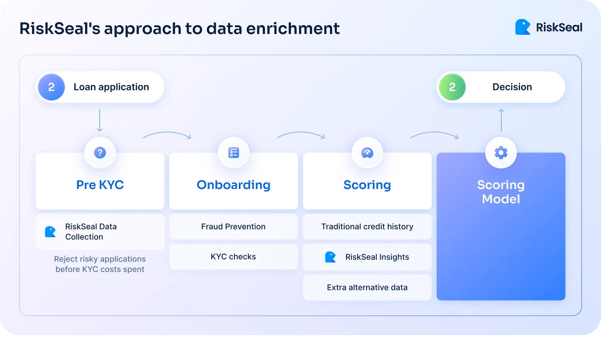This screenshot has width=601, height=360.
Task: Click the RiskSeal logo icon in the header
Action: [522, 27]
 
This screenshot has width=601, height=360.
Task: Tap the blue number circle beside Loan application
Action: [51, 87]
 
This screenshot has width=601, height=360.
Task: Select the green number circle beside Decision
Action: [452, 87]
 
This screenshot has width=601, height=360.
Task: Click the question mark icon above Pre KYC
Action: [100, 153]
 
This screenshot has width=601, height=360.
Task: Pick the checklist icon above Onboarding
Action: [234, 153]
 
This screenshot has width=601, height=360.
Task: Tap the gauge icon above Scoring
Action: [367, 153]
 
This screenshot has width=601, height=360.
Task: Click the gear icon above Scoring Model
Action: [501, 153]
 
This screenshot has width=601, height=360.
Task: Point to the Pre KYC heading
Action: [100, 185]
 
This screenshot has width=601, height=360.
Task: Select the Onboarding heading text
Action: [234, 185]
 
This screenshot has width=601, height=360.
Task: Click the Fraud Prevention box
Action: [233, 226]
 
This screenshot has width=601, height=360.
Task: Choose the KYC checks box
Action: [233, 256]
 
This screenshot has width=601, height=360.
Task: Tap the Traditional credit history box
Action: [367, 226]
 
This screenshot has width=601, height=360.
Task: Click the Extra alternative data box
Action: [367, 287]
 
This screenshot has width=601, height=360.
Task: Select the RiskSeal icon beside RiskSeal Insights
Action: [330, 257]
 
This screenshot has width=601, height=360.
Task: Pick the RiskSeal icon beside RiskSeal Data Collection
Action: [50, 232]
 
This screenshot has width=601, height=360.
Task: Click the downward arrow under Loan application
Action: [100, 120]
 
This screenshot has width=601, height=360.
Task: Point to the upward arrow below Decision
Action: [501, 120]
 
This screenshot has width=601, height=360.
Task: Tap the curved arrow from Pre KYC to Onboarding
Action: [167, 135]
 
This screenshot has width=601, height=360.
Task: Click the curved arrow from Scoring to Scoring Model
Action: [434, 135]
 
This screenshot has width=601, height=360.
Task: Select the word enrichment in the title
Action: [293, 28]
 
